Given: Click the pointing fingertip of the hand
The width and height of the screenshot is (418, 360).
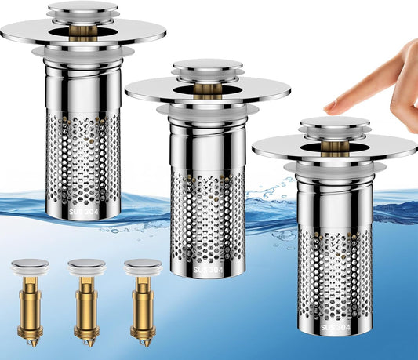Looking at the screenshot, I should point(330,105).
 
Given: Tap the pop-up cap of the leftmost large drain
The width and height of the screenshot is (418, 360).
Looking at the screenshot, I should point(82,9).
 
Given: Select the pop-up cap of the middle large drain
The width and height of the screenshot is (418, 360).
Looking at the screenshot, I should point(207,66).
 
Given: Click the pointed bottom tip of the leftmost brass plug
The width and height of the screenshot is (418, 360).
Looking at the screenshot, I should point(31,343).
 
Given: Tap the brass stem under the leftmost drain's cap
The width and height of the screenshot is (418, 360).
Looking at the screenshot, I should point(82,31).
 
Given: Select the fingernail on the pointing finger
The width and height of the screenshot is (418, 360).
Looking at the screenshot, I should point(333,105).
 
